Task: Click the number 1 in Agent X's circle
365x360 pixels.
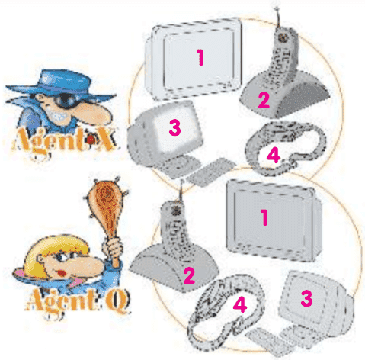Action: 200,57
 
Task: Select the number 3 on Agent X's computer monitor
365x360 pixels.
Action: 174,127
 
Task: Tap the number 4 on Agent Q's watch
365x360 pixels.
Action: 239,304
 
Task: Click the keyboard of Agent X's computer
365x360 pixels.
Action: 208,171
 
